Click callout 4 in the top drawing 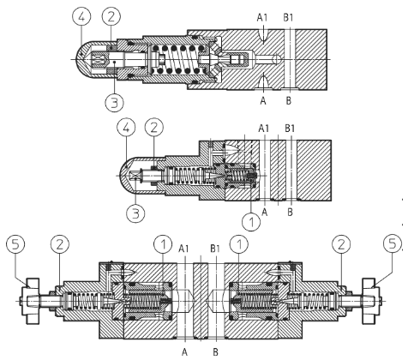coord(81,16)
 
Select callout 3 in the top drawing coord(114,102)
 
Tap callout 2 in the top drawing coord(111,16)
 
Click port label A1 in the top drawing coord(261,18)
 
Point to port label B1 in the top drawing coord(288,18)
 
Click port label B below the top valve coord(289,100)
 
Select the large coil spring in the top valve coord(175,59)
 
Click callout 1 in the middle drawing coord(251,221)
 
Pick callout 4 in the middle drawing coord(126,128)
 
